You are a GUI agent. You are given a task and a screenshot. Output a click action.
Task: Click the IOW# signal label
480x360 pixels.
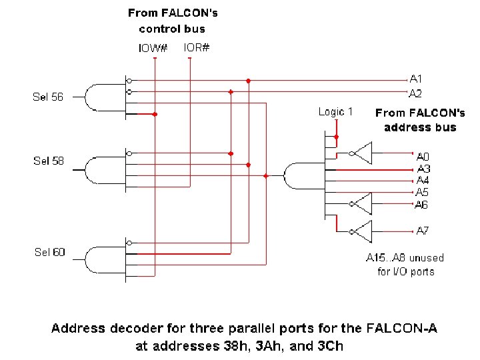[152, 48]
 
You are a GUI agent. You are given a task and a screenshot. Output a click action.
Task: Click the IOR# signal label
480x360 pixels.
[196, 47]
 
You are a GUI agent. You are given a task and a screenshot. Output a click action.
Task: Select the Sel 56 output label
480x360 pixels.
[48, 97]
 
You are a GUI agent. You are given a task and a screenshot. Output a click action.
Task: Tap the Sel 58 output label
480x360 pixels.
[49, 161]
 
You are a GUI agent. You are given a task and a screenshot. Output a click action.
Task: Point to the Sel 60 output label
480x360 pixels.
[50, 252]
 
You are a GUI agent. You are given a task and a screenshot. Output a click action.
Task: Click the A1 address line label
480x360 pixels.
[415, 79]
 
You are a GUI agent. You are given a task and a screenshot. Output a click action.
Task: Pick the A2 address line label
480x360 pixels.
[415, 93]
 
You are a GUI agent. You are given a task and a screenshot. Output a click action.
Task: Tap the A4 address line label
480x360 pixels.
[423, 181]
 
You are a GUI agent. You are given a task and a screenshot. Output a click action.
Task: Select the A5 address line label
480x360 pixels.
[422, 192]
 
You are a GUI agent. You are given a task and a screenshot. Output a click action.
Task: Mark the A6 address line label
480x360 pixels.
[422, 204]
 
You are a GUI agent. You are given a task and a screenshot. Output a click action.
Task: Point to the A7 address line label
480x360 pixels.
[423, 231]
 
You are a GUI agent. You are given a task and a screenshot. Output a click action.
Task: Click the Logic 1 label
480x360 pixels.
[335, 112]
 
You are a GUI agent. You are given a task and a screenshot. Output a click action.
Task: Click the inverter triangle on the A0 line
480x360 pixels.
[361, 153]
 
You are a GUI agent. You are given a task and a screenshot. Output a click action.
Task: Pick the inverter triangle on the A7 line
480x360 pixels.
[361, 231]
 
